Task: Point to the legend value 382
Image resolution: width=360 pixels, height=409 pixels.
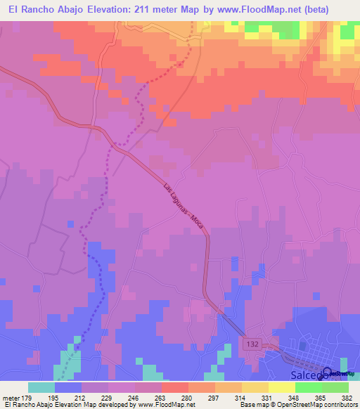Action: click(347, 398)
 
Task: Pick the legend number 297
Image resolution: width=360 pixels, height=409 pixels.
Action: click(214, 398)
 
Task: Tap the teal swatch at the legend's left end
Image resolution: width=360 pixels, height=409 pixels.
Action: click(41, 387)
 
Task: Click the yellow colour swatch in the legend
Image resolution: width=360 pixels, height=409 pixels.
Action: click(281, 387)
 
